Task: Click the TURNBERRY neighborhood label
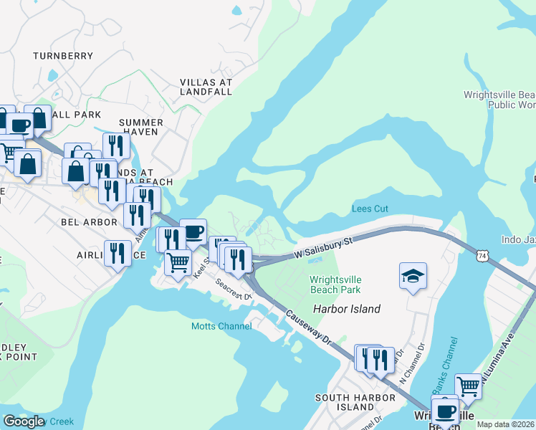coord(63,55)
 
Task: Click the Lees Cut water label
coord(370,209)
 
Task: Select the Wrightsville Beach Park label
coord(335,285)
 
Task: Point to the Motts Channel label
coord(221,326)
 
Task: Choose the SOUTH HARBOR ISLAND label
coord(345,402)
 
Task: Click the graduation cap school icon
coord(413,276)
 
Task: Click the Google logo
coord(24,421)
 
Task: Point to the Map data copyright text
coord(505,424)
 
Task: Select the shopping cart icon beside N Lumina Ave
coord(468,386)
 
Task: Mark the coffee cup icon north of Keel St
coord(193,231)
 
